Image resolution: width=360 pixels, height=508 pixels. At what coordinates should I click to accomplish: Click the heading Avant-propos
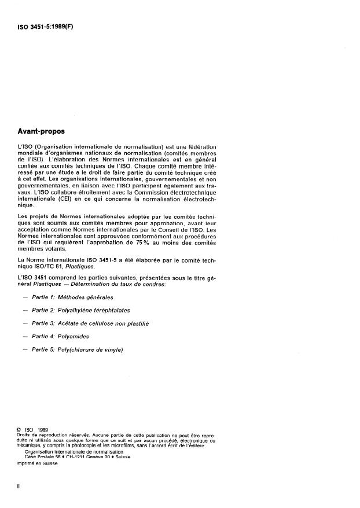pyautogui.click(x=42, y=131)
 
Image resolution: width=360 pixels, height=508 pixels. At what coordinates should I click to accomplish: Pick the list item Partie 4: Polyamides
pyautogui.click(x=65, y=336)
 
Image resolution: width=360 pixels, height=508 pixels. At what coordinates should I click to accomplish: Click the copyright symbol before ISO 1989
pyautogui.click(x=20, y=429)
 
